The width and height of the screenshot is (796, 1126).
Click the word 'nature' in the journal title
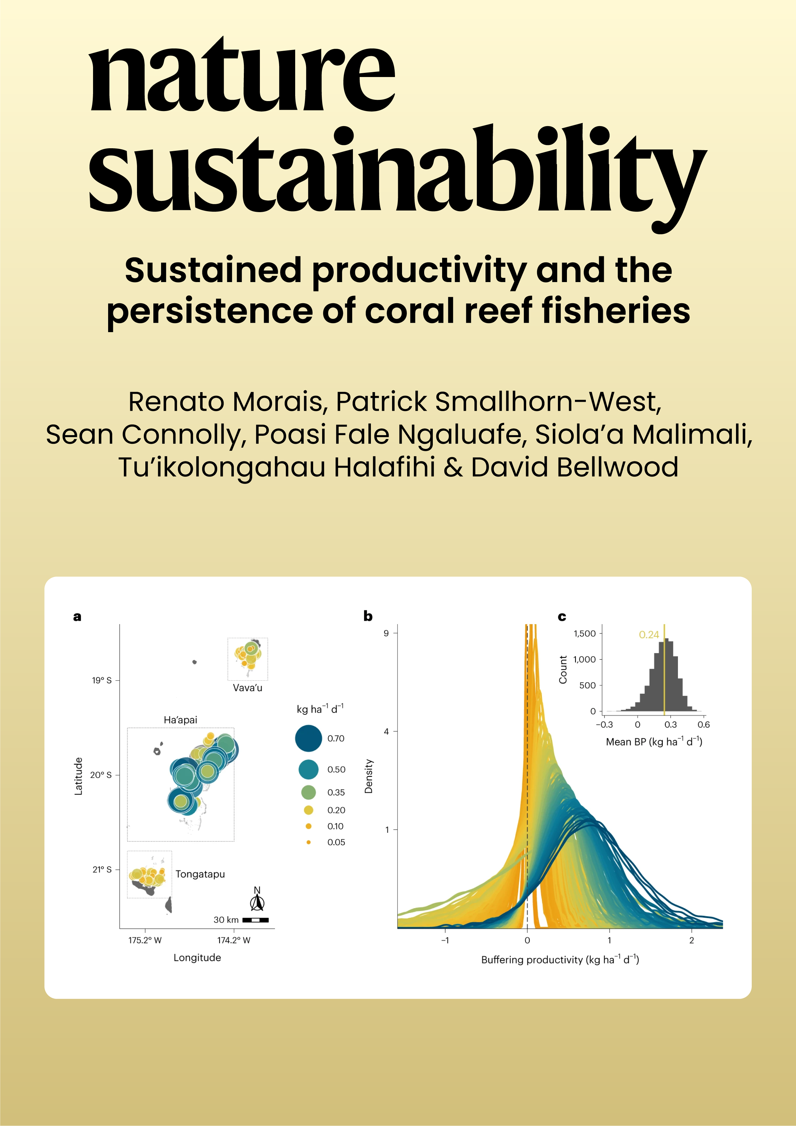click(x=242, y=76)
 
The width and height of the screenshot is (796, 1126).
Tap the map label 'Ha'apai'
click(x=181, y=720)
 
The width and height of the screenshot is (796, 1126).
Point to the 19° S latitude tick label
click(x=101, y=680)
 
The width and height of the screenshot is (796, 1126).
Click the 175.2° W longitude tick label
click(x=145, y=940)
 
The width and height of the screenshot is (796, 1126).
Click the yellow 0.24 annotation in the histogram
click(x=648, y=635)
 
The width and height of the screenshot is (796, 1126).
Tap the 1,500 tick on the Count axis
click(x=584, y=634)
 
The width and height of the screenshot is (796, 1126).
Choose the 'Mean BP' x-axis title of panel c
click(x=654, y=742)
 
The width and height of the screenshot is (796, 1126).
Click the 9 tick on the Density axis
click(x=386, y=633)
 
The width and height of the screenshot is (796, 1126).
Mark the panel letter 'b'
click(x=368, y=616)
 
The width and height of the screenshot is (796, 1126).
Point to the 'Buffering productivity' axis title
click(x=560, y=960)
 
